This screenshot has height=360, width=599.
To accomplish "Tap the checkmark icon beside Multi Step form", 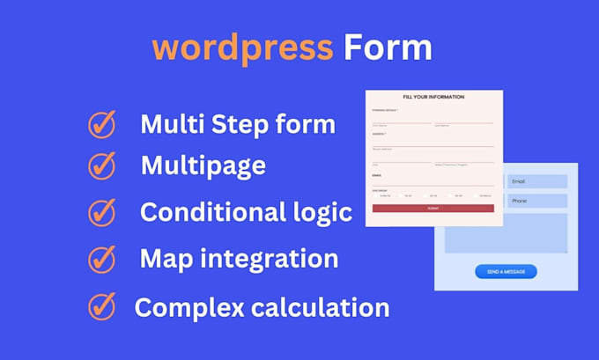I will tap(102, 125).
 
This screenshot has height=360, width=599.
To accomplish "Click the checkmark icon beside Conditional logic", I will tap(102, 212).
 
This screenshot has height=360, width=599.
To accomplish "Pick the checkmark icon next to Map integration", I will tap(102, 259).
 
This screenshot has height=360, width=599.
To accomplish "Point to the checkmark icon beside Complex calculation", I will tap(102, 306).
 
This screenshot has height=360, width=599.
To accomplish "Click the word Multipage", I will tap(203, 165).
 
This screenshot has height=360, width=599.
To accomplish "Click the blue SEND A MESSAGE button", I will tap(506, 272).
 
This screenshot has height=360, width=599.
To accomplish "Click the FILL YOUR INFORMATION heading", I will tap(433, 97).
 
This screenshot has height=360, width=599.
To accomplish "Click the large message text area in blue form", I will tap(506, 232).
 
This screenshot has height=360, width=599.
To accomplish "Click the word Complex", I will tap(183, 307).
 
